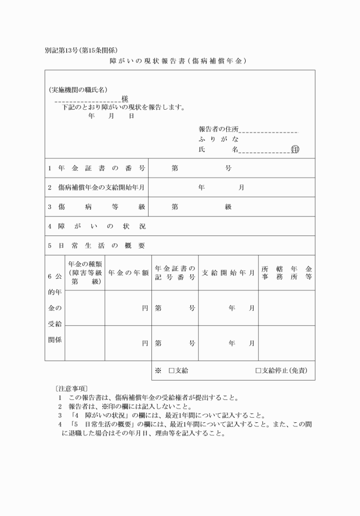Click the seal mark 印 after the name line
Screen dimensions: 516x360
click(295, 150)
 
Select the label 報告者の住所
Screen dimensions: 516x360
click(219, 129)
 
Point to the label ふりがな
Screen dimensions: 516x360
click(218, 139)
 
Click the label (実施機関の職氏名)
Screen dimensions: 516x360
click(78, 90)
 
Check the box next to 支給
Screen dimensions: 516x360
click(171, 371)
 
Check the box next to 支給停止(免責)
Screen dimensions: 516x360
click(258, 371)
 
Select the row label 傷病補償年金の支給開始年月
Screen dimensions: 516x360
click(97, 187)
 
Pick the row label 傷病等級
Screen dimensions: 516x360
click(97, 207)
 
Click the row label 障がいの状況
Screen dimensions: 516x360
click(97, 226)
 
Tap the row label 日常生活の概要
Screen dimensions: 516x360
click(97, 246)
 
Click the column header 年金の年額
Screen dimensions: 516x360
click(129, 273)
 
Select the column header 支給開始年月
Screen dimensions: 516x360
click(229, 273)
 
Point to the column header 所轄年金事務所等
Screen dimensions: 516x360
click(286, 273)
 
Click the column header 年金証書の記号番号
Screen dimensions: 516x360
click(175, 273)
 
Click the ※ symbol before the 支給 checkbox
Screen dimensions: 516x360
click(158, 371)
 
